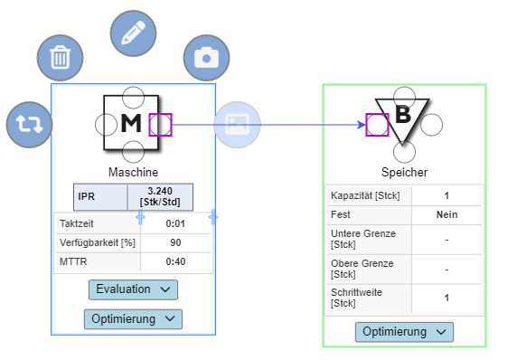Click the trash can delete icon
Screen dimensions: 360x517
[60, 59]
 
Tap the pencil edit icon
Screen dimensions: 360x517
[133, 33]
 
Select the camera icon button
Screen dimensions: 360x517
[206, 58]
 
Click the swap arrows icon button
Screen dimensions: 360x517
[29, 124]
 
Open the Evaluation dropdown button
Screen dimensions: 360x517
[133, 289]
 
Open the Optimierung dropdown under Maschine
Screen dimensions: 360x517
[133, 318]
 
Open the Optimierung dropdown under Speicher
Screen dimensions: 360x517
[404, 332]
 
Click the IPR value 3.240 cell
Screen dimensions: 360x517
[159, 196]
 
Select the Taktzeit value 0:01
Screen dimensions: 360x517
[175, 223]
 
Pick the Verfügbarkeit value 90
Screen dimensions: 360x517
[175, 242]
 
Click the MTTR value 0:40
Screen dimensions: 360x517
[175, 261]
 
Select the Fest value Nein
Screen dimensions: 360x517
[446, 214]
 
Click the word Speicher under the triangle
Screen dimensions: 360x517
[404, 172]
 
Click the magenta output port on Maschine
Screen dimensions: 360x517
[160, 124]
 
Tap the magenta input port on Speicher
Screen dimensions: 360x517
[377, 124]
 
